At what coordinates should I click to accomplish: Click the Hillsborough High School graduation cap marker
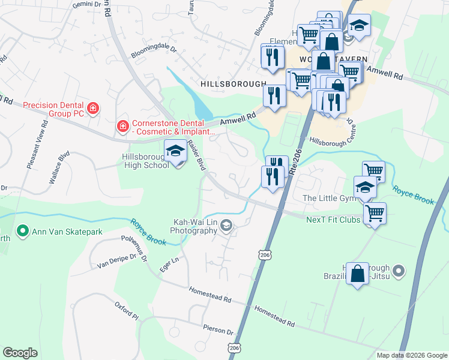coord(175,152)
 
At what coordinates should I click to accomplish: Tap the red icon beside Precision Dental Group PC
coord(93,109)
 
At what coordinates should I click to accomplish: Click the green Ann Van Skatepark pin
coord(23,230)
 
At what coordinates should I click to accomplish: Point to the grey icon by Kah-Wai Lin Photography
coord(226,226)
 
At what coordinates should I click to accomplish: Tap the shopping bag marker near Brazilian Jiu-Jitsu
coord(357,274)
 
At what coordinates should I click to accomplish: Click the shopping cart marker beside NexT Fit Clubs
coord(375,212)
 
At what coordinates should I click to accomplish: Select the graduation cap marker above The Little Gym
coord(365,187)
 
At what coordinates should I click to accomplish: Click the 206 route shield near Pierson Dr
coord(234,347)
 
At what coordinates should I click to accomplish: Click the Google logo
coord(20,353)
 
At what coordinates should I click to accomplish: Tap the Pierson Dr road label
coord(218,331)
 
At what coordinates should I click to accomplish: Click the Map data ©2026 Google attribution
coord(411,355)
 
